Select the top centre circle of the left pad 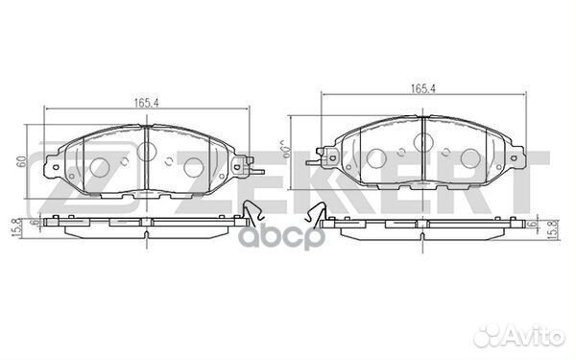[148, 151]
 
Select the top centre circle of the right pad [423, 143]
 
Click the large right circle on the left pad [193, 165]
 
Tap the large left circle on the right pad [377, 157]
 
